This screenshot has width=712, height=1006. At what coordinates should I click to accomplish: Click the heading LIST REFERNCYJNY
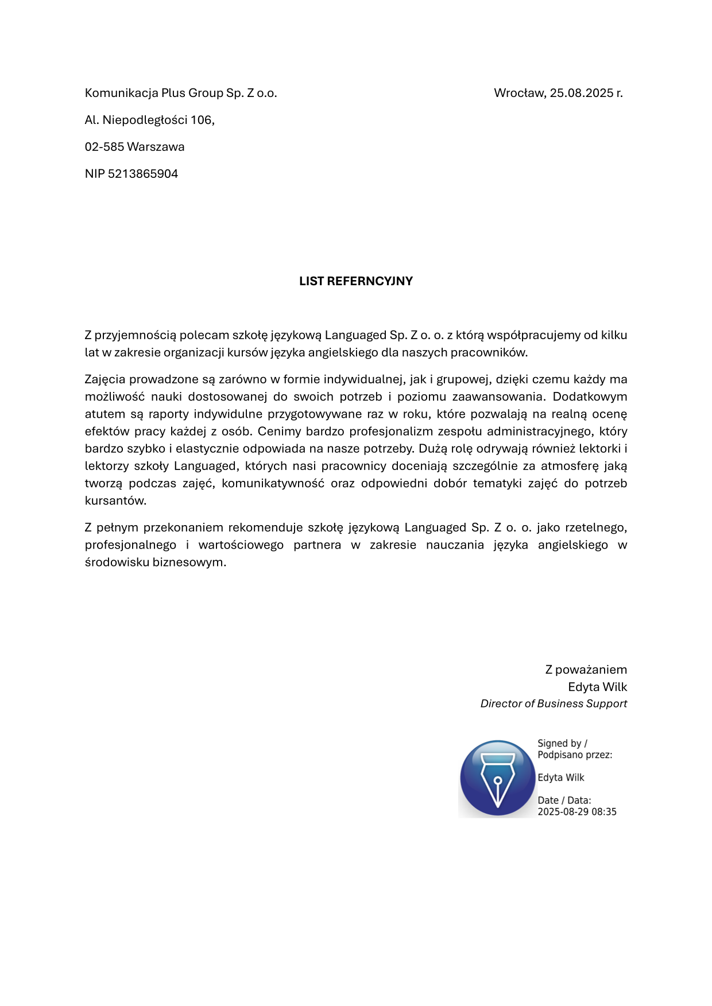tap(355, 281)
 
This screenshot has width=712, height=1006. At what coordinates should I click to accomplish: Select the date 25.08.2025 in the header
tap(581, 93)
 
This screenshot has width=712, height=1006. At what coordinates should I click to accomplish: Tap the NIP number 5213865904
tap(143, 174)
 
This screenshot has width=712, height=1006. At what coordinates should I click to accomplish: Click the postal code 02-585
tap(105, 147)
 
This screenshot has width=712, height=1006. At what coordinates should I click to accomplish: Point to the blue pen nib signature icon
tap(497, 778)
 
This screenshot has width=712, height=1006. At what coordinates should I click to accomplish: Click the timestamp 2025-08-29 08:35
tap(576, 812)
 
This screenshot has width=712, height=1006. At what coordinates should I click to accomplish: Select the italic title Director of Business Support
tap(554, 704)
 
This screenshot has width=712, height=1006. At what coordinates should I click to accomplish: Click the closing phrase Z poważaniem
tap(586, 670)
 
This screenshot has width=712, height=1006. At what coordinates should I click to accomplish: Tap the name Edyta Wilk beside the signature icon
tap(560, 778)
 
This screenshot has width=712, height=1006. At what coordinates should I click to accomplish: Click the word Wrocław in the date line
tap(519, 93)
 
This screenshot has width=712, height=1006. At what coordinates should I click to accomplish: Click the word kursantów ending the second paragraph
tap(115, 500)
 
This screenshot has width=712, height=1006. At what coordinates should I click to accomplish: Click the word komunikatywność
tap(273, 483)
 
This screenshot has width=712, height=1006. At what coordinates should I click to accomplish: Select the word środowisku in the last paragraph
tap(117, 562)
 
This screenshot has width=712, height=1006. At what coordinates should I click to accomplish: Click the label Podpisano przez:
tap(575, 755)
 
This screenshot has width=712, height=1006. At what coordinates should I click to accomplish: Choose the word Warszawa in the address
tap(156, 147)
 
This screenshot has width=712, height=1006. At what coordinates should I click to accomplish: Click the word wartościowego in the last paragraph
tap(241, 545)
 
